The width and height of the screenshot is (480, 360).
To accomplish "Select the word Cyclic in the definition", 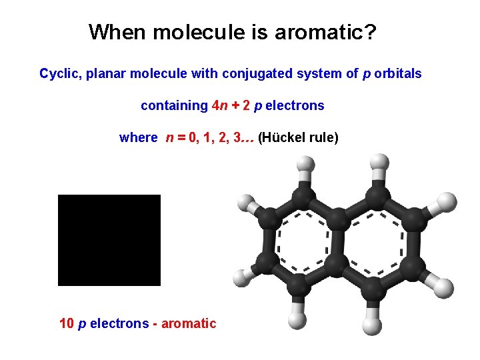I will [x=59, y=73].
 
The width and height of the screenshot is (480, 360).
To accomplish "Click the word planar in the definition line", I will [x=103, y=73].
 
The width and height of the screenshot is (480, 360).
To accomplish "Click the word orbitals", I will [x=398, y=73].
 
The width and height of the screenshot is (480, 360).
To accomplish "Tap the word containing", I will [x=174, y=105].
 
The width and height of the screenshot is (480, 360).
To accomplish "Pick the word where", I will [x=138, y=138].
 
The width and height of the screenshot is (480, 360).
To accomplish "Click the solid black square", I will [x=109, y=240].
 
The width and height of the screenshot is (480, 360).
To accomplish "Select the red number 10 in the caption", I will [x=67, y=323].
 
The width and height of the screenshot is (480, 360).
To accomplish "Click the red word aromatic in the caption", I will [x=189, y=323].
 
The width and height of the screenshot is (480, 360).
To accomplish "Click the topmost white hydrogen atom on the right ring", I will [x=379, y=162].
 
